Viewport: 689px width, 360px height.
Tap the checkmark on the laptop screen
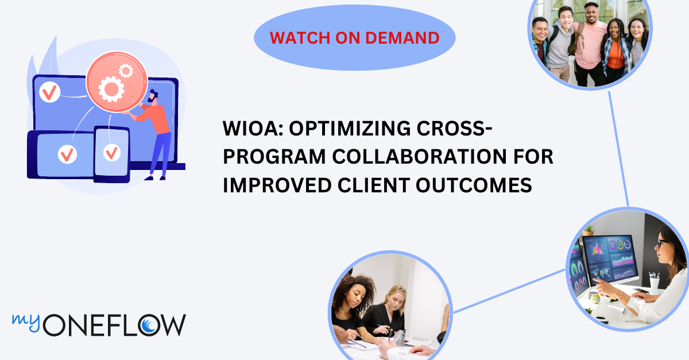(49, 91)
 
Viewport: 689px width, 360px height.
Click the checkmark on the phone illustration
(111, 152)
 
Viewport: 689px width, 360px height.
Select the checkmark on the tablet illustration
(68, 154)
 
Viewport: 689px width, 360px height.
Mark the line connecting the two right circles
(618, 149)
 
